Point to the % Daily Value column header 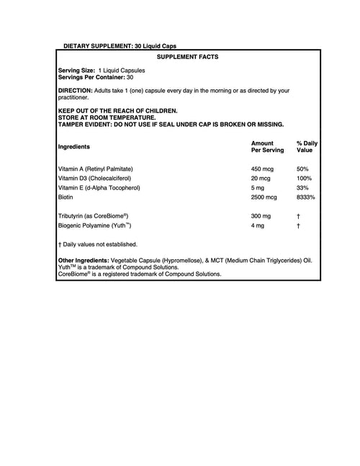click(307, 147)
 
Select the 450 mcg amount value click(262, 168)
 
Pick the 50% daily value click(302, 168)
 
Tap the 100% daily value click(304, 177)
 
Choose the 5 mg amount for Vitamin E click(258, 187)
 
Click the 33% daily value click(302, 187)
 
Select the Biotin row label click(66, 196)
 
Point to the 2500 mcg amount click(264, 196)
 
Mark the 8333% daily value click(306, 196)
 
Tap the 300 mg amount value click(261, 215)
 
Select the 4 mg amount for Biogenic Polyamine click(257, 225)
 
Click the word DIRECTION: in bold click(76, 90)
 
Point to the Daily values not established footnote click(97, 244)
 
